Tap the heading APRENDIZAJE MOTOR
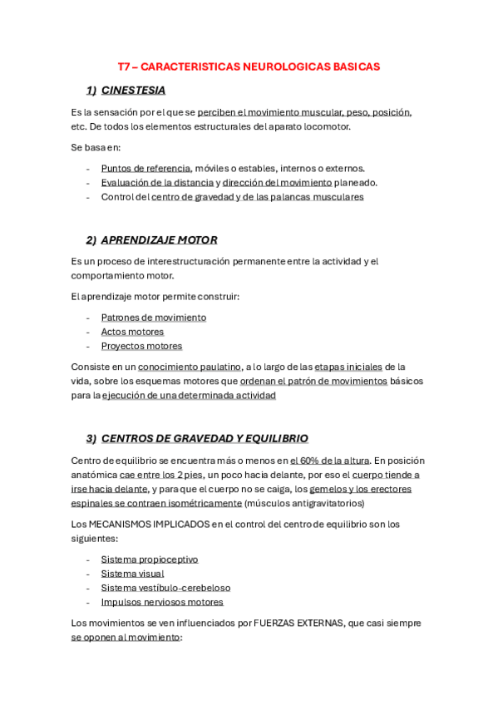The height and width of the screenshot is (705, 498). pos(159,239)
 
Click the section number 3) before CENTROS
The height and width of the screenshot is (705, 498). pos(91,438)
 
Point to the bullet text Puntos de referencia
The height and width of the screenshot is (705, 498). pos(145,168)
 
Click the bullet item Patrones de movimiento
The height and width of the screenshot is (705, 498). pos(154,318)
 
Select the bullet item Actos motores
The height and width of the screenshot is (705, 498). pos(132,332)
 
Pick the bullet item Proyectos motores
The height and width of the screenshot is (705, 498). pos(141,346)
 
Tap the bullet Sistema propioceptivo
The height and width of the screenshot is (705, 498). pos(150,560)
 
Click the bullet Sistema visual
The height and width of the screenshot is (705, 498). pos(132,574)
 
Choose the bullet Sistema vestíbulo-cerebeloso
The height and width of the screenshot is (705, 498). pos(165,588)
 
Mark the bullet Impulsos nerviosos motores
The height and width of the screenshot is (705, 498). pos(162,602)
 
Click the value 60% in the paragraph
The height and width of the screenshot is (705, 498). pos(309,461)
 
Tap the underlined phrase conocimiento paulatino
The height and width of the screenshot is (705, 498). pos(190,367)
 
